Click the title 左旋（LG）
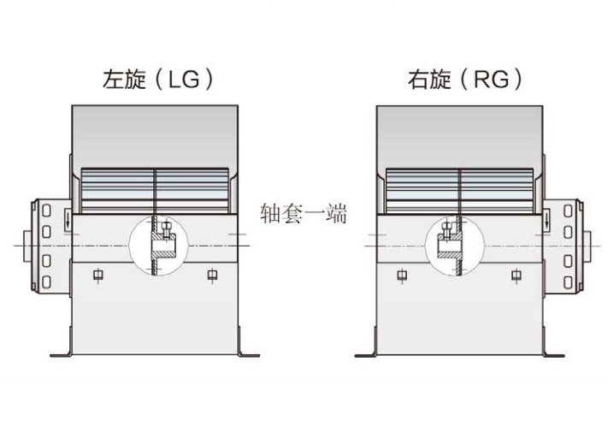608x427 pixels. (158, 80)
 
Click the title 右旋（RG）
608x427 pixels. (465, 80)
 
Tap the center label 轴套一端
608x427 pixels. (304, 213)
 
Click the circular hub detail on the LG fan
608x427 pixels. (158, 246)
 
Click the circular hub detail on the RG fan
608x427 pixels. (455, 246)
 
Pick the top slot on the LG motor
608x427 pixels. (46, 211)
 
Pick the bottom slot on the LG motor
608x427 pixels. (46, 282)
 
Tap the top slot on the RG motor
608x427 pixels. (568, 211)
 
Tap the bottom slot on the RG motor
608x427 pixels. (568, 282)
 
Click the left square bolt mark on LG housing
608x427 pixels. (98, 275)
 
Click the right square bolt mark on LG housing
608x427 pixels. (212, 275)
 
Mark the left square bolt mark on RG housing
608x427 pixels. (402, 275)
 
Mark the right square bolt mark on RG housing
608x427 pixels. (517, 275)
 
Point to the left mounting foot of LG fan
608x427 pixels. (62, 354)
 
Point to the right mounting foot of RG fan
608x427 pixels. (552, 354)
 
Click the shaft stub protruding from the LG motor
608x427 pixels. (27, 246)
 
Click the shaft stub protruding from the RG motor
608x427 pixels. (587, 246)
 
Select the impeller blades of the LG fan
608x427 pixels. (155, 191)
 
